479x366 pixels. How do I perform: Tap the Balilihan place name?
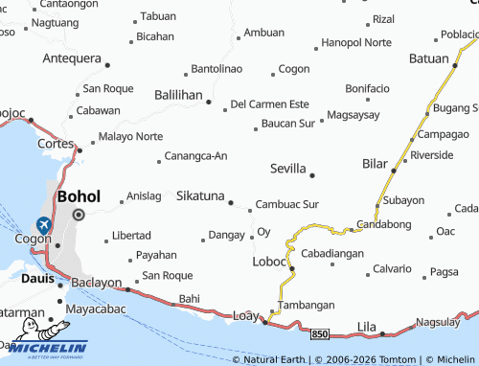pyautogui.click(x=177, y=96)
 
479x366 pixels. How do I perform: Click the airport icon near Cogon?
pyautogui.click(x=43, y=226)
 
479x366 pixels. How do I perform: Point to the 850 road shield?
pyautogui.click(x=320, y=333)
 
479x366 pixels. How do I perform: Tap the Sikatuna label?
pyautogui.click(x=199, y=195)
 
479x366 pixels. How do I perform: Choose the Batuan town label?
pyautogui.click(x=428, y=57)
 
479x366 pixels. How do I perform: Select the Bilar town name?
pyautogui.click(x=375, y=164)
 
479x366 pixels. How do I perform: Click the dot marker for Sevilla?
pyautogui.click(x=312, y=175)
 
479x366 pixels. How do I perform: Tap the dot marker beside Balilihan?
pyautogui.click(x=208, y=100)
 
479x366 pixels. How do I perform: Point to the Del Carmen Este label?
pyautogui.click(x=270, y=103)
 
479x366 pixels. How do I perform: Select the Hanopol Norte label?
pyautogui.click(x=356, y=43)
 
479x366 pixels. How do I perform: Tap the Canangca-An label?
pyautogui.click(x=195, y=155)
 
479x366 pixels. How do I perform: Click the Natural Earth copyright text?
pyautogui.click(x=274, y=359)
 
